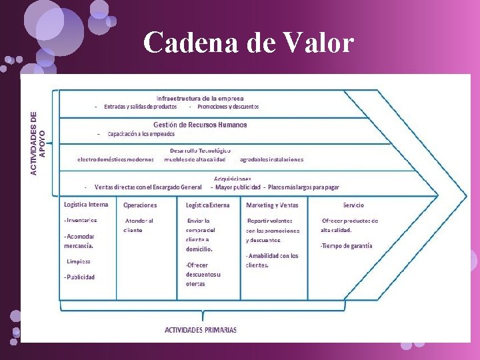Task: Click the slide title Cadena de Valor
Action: (248, 43)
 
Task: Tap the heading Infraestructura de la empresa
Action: (200, 99)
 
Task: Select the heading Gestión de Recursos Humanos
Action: (200, 125)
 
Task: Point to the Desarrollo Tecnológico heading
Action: (200, 151)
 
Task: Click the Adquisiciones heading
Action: (233, 179)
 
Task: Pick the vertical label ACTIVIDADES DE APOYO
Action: (39, 143)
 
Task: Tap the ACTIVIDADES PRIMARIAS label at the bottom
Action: (201, 330)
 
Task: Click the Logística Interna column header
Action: (86, 205)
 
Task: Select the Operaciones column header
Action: (140, 205)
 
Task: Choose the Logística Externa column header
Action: (207, 205)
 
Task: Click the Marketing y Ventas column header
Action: (272, 205)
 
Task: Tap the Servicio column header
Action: (353, 205)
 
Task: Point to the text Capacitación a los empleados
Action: (141, 134)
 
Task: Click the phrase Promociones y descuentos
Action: (228, 107)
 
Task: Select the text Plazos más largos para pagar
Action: (303, 187)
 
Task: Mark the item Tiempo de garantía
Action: (346, 246)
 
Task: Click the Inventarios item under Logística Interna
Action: (81, 220)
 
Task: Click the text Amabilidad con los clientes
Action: (271, 260)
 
